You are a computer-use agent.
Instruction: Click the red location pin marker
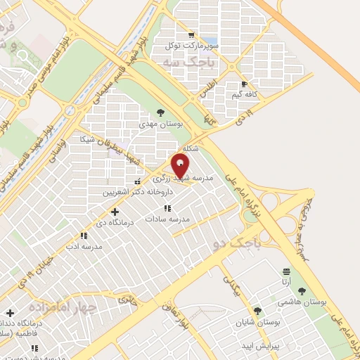pyautogui.click(x=181, y=167)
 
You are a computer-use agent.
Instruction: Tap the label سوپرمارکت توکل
pyautogui.click(x=191, y=46)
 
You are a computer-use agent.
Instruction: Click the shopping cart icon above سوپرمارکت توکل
pyautogui.click(x=191, y=34)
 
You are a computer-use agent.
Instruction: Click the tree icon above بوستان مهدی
pyautogui.click(x=161, y=112)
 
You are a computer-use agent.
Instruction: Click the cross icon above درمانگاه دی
pyautogui.click(x=115, y=211)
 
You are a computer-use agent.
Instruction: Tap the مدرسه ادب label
pyautogui.click(x=84, y=247)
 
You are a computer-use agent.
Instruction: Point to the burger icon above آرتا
pyautogui.click(x=286, y=271)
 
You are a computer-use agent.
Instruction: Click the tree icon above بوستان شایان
pyautogui.click(x=257, y=310)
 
